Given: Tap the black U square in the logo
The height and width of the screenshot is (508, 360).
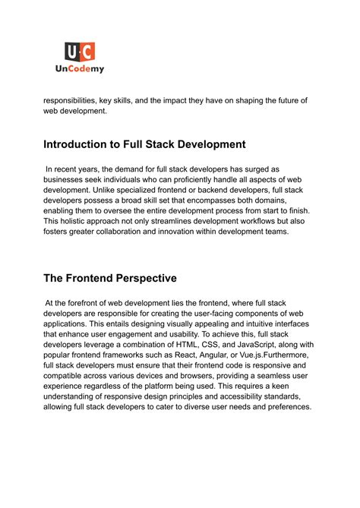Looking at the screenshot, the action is [73, 52].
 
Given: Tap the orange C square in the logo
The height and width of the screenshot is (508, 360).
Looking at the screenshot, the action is [88, 52].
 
